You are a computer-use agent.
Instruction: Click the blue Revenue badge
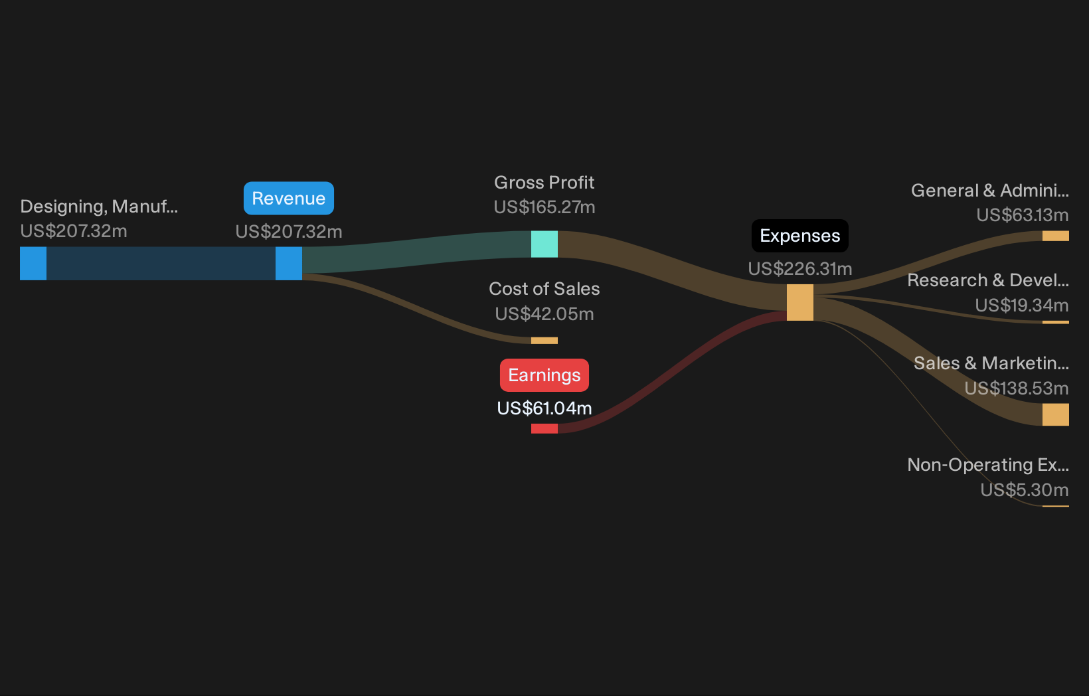pyautogui.click(x=289, y=199)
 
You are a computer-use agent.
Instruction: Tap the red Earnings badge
pyautogui.click(x=544, y=375)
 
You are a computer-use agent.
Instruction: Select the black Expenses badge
pyautogui.click(x=800, y=236)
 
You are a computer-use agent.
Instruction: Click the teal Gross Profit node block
pyautogui.click(x=544, y=244)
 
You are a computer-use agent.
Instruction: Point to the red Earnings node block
pyautogui.click(x=544, y=428)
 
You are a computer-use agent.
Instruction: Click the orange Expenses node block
pyautogui.click(x=800, y=303)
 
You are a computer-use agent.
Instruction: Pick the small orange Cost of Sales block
pyautogui.click(x=544, y=341)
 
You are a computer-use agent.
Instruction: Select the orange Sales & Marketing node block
pyautogui.click(x=1055, y=414)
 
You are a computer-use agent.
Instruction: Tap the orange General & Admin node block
pyautogui.click(x=1055, y=236)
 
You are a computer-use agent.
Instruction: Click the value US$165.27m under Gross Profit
pyautogui.click(x=544, y=208)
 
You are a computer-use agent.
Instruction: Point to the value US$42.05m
pyautogui.click(x=544, y=314)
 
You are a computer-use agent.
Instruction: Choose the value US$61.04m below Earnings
pyautogui.click(x=544, y=408)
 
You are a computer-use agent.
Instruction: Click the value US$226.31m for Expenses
pyautogui.click(x=800, y=269)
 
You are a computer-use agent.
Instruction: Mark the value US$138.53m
pyautogui.click(x=1017, y=389)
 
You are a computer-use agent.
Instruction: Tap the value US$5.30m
pyautogui.click(x=1025, y=489)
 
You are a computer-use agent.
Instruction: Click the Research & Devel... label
pyautogui.click(x=988, y=280)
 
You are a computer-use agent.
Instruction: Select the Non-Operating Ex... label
pyautogui.click(x=988, y=465)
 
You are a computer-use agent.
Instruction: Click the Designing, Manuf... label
pyautogui.click(x=99, y=207)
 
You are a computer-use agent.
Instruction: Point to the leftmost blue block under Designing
pyautogui.click(x=33, y=264)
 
